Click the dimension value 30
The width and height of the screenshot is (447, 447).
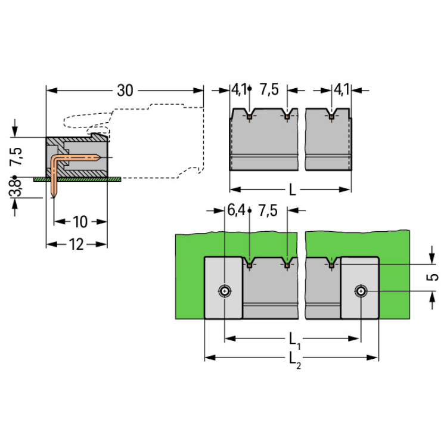pos(124,91)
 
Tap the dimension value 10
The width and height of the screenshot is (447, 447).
pos(80,222)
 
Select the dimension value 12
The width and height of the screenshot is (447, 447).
pos(76,244)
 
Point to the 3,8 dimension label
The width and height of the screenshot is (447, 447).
pos(18,188)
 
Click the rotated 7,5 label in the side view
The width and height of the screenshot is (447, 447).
pos(17,156)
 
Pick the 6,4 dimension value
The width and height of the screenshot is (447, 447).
pos(237,210)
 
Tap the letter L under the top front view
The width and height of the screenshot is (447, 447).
pos(292,190)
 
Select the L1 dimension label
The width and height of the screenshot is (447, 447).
pos(294,340)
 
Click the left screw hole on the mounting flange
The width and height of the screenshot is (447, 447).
pos(224,291)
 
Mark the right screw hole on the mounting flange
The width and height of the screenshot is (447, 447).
pos(360,291)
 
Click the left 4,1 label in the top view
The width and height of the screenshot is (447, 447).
pos(238,90)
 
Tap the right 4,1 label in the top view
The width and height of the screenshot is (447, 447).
pos(341,90)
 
